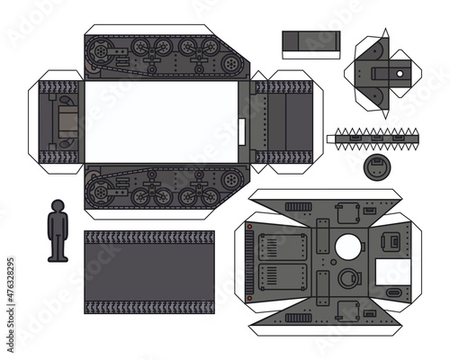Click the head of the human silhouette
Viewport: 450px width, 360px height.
(58, 206)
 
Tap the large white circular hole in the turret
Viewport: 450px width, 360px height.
(348, 247)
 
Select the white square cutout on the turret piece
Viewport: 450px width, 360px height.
(393, 272)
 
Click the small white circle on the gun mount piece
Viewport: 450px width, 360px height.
(400, 74)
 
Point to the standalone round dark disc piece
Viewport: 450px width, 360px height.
(377, 167)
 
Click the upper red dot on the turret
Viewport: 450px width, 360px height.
(249, 227)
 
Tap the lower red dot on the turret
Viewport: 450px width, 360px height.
(249, 298)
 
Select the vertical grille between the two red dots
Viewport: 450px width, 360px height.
(249, 263)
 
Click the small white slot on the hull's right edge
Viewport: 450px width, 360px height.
(242, 131)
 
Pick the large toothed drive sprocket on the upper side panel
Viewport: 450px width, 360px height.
(99, 52)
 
